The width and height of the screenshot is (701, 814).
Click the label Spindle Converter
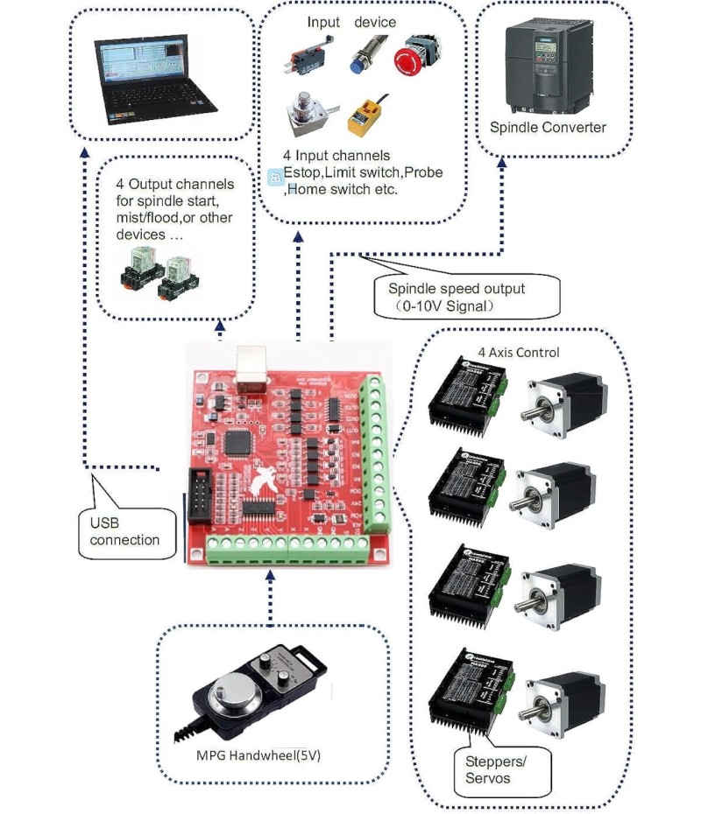tap(548, 128)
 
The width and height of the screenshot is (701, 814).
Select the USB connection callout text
tap(124, 531)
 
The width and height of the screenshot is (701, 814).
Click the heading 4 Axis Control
tap(518, 353)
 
